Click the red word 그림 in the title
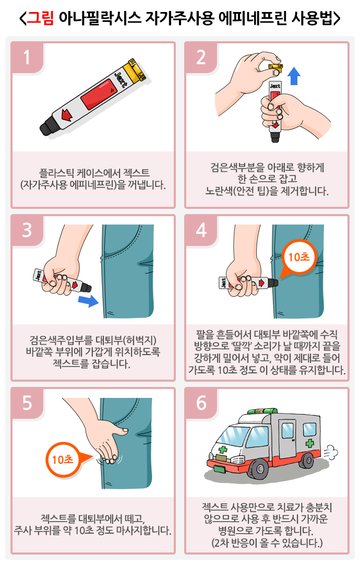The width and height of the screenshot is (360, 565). pos(40,18)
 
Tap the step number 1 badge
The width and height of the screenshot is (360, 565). pos(27,57)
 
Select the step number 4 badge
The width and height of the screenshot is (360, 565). pos(201,230)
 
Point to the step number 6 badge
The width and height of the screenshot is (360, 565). pos(201,403)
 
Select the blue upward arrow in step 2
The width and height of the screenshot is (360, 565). pos(294,76)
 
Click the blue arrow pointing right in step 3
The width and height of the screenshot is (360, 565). pos(89,300)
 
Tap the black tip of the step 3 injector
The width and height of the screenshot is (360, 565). pos(86,287)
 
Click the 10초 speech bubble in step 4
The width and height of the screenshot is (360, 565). pos(297,258)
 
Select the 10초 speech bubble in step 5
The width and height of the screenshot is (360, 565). pos(65,460)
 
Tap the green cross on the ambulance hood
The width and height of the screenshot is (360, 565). pos(222,449)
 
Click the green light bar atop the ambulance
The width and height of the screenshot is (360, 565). pos(262,411)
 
